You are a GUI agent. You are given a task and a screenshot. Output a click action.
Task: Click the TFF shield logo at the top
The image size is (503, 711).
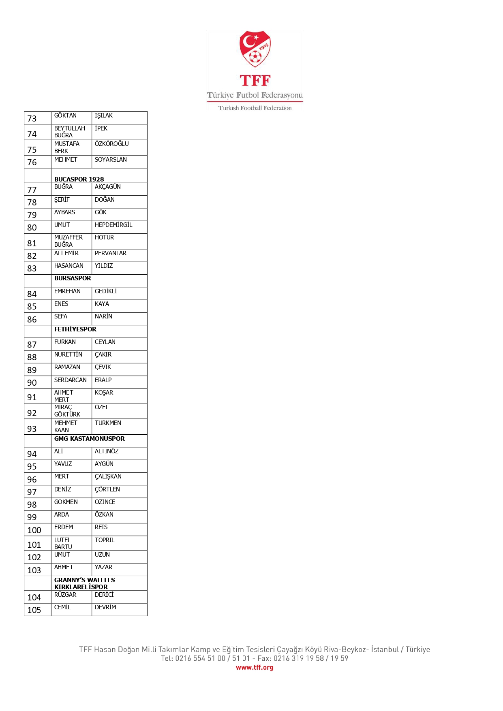click(255, 49)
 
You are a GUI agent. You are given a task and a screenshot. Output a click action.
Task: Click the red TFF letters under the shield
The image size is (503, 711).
click(255, 81)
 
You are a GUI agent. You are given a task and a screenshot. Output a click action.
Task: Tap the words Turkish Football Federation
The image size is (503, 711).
click(255, 108)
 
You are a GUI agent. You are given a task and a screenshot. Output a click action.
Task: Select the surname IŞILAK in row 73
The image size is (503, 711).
click(104, 116)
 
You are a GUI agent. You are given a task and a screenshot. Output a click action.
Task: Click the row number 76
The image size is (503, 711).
click(32, 162)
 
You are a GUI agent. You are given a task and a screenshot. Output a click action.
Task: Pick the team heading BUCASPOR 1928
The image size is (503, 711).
click(79, 179)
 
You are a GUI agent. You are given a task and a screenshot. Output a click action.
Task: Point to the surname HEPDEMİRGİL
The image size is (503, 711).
click(113, 225)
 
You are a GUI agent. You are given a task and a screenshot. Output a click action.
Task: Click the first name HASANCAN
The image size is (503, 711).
click(69, 266)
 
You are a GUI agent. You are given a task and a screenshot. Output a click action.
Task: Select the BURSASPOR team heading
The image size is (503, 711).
click(73, 278)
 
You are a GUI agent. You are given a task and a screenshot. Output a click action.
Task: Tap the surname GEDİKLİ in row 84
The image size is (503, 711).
click(106, 291)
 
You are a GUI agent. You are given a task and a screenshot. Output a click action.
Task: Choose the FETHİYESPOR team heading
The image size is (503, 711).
click(75, 329)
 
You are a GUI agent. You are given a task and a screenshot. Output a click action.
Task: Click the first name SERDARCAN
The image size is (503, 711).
click(71, 380)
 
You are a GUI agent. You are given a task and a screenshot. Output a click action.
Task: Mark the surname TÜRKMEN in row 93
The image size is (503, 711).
click(108, 423)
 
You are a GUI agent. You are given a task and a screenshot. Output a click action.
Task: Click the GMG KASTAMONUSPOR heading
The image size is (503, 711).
click(90, 439)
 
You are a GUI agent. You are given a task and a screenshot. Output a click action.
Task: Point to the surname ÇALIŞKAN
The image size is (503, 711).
click(108, 476)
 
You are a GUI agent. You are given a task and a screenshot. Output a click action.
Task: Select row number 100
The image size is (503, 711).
click(34, 530)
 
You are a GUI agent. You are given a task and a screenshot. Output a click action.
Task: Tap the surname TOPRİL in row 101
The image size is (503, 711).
click(105, 540)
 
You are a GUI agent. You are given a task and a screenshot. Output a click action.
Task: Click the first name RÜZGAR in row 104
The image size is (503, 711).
click(65, 595)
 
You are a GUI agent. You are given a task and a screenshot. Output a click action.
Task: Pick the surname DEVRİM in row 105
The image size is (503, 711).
click(105, 607)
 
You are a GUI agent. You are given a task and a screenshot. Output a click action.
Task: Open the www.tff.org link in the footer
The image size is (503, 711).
click(255, 668)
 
